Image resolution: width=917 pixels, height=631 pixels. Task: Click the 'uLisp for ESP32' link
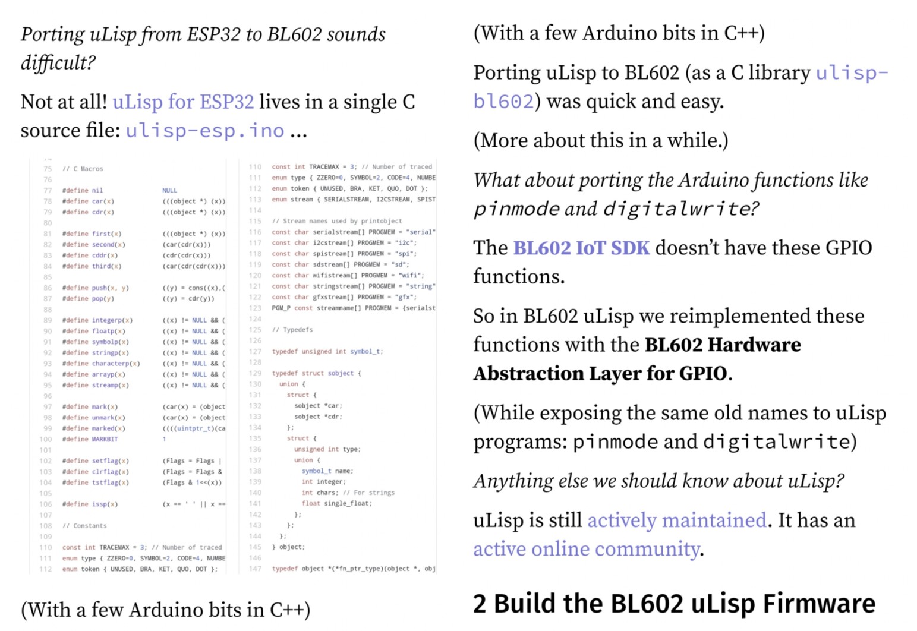point(183,102)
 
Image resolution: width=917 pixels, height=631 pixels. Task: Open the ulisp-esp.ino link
point(205,131)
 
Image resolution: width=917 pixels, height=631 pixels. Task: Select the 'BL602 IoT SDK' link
point(581,248)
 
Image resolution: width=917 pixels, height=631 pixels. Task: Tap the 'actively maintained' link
point(677,520)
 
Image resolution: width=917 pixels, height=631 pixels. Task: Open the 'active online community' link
point(586,549)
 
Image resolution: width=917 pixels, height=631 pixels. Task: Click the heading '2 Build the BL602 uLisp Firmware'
point(674,604)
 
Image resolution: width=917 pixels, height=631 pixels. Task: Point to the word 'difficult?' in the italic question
point(58,62)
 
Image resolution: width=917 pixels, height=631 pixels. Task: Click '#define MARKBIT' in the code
point(90,439)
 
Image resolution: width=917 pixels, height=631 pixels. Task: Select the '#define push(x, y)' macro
point(95,288)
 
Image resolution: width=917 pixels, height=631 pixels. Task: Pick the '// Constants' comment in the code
point(84,526)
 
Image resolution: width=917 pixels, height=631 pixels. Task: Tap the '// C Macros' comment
point(83,169)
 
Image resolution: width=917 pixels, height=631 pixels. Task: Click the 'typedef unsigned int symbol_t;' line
point(327,352)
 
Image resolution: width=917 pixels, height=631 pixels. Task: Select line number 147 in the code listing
point(255,569)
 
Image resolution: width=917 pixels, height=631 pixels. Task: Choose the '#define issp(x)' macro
point(90,504)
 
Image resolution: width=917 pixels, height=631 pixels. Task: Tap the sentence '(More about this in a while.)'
point(601,141)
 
